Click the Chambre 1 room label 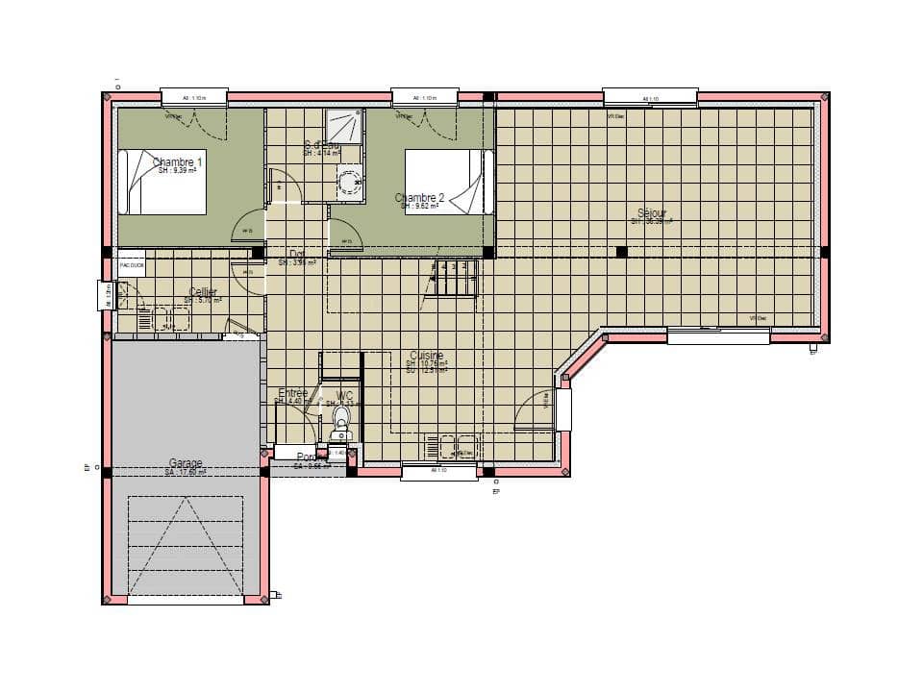178,162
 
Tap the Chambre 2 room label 419,198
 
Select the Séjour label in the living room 652,212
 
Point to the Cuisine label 426,356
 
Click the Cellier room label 203,292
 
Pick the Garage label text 186,463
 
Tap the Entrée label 292,393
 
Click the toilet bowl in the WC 340,420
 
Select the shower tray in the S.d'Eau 344,126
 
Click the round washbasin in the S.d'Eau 347,180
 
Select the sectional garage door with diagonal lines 185,546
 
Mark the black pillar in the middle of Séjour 622,252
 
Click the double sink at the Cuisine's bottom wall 453,447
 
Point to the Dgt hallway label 297,254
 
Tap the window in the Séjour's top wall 650,97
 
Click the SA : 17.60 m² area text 186,472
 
